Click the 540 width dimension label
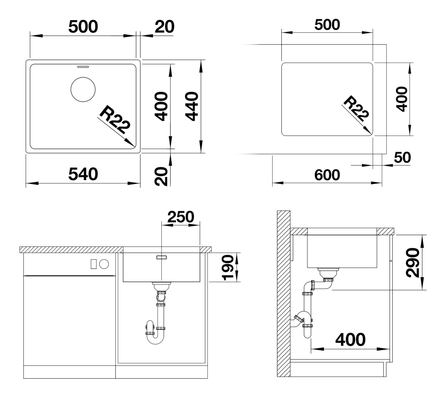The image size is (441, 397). pos(83,174)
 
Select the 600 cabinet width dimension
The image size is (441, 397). pos(327,175)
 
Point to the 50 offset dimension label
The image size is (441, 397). pos(402,157)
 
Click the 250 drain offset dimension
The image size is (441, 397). pos(181,217)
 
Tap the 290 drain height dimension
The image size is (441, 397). pos(412,263)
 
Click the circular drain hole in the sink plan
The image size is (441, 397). pos(83,89)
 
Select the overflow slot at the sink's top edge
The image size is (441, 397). pos(83,67)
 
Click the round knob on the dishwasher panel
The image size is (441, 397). pos(104,264)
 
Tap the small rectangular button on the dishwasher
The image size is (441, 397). pos(94,264)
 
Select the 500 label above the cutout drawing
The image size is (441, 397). pos(327,25)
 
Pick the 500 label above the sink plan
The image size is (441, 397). pos(83,26)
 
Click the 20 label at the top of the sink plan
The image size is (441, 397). pos(165,26)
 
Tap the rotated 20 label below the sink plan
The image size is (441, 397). pos(161,176)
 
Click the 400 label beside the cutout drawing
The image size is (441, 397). pos(401,99)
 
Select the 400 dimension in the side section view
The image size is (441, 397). pos(350,340)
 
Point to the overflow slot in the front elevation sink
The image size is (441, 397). pos(161,257)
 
